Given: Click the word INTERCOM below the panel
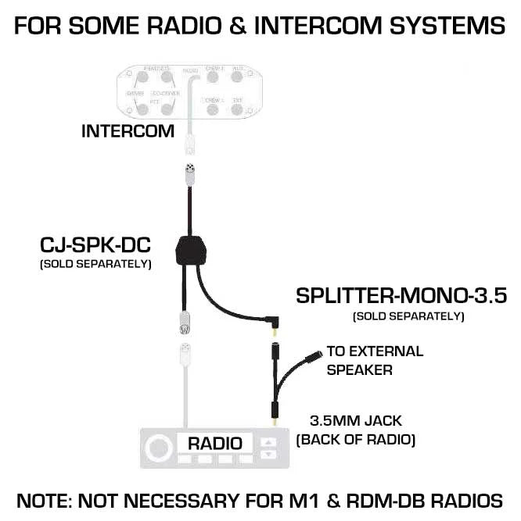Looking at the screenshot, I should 128,131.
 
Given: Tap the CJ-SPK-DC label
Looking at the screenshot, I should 95,246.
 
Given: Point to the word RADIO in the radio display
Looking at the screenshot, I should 214,443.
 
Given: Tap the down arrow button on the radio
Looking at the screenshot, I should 268,453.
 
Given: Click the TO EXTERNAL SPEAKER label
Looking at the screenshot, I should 375,360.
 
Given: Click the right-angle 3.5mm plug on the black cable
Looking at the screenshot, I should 271,320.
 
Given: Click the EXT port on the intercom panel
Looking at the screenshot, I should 238,109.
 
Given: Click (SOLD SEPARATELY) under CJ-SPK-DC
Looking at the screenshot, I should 95,265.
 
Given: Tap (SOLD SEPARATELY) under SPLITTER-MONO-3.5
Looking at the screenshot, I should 408,316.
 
